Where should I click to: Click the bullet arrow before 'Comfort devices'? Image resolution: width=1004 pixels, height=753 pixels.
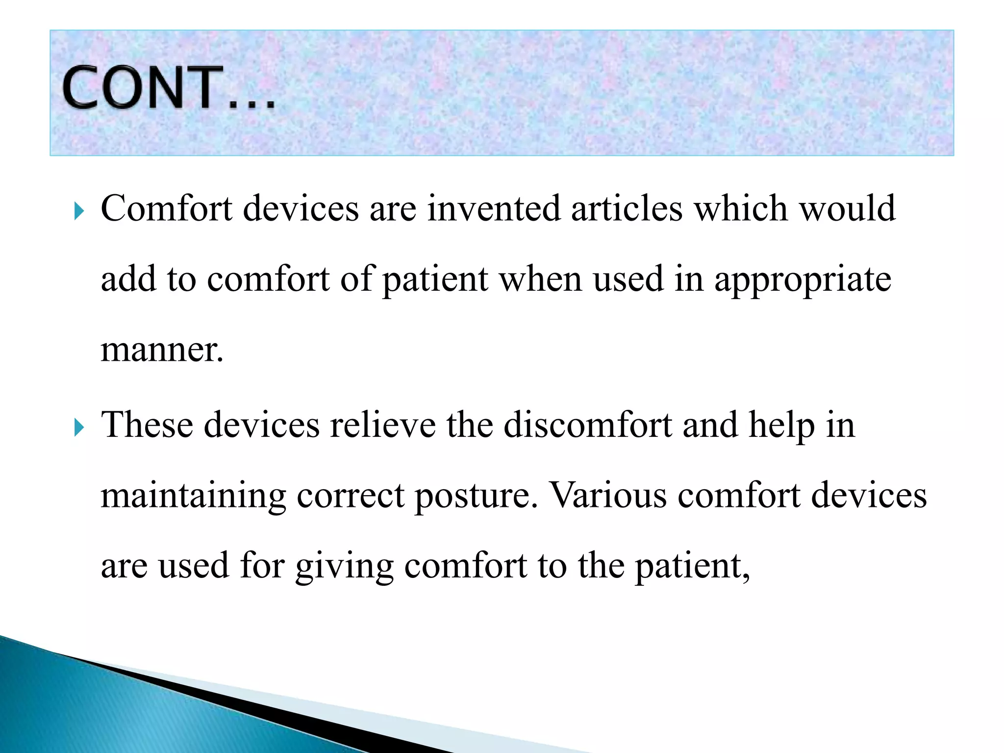click(x=79, y=211)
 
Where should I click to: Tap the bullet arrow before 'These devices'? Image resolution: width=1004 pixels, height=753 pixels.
click(x=79, y=427)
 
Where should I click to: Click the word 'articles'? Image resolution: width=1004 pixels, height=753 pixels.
click(x=627, y=208)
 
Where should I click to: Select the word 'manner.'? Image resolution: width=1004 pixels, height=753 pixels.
click(x=162, y=350)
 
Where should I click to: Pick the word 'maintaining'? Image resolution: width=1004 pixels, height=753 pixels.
click(x=193, y=496)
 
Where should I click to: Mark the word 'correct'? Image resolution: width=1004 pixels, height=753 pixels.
click(x=351, y=496)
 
